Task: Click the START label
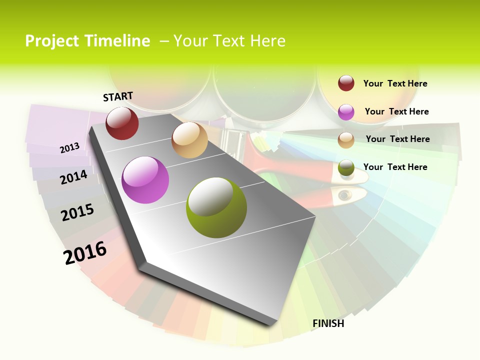[118, 96]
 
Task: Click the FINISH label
[328, 323]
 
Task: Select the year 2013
[69, 147]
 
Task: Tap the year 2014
[73, 177]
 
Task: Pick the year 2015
[77, 212]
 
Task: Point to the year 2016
[85, 252]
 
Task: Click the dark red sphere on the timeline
[122, 123]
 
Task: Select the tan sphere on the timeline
[189, 140]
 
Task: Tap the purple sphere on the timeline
[145, 180]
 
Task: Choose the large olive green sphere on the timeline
[216, 207]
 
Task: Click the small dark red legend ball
[346, 83]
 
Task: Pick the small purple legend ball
[346, 112]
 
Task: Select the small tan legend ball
[346, 140]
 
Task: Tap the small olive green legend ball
[346, 167]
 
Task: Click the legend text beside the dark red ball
[395, 83]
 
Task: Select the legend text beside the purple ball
[396, 111]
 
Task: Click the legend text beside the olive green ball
[395, 167]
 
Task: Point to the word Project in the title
[52, 41]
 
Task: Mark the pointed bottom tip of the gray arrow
[272, 324]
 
